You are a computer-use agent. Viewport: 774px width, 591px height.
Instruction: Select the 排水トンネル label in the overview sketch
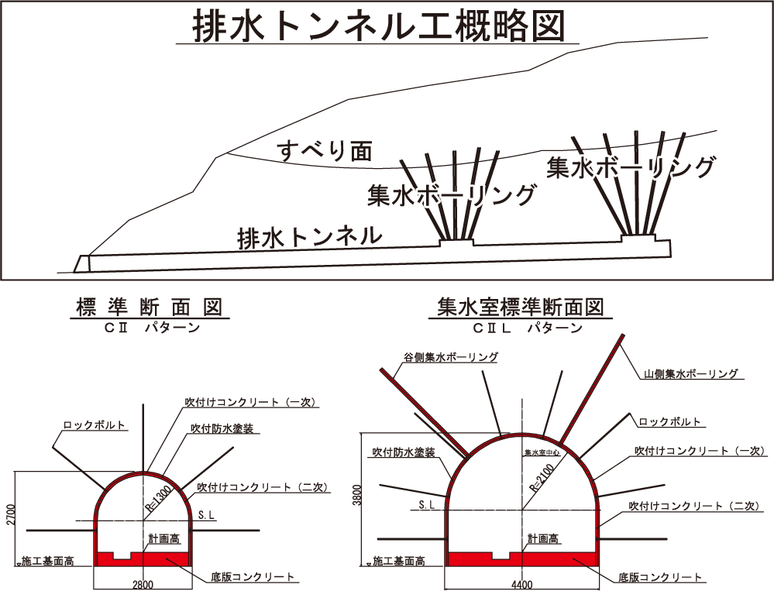click(310, 236)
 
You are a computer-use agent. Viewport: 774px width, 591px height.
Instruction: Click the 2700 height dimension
click(9, 516)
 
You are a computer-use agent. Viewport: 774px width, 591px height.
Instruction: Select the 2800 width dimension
click(143, 583)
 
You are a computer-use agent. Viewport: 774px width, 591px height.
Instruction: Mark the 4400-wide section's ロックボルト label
click(670, 422)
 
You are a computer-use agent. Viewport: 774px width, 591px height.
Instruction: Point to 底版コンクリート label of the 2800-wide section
click(253, 577)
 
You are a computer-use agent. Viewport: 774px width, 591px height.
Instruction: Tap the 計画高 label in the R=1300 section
click(164, 538)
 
